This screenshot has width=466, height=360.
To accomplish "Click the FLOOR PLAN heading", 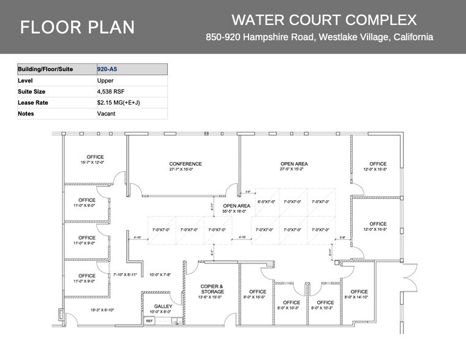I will coord(78,28).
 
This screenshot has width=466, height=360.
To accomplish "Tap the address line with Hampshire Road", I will coord(319,37).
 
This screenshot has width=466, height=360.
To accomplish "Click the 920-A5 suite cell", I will coord(107,69).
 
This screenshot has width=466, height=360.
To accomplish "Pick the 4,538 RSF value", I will coord(111,91).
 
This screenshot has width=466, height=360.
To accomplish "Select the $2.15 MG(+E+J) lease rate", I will coord(119,102).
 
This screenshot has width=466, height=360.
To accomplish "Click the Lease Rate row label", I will coord(33,102).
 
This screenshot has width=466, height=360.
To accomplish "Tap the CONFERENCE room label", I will coord(186,164).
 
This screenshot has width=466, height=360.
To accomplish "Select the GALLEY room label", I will coord(163,306).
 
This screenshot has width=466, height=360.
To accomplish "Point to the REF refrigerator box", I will coord(149,320).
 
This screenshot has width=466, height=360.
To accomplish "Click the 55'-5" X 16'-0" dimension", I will coord(236,211).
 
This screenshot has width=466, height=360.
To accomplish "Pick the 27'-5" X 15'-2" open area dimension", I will coord(294,169).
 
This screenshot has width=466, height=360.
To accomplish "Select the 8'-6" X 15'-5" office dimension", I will coord(258,297).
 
